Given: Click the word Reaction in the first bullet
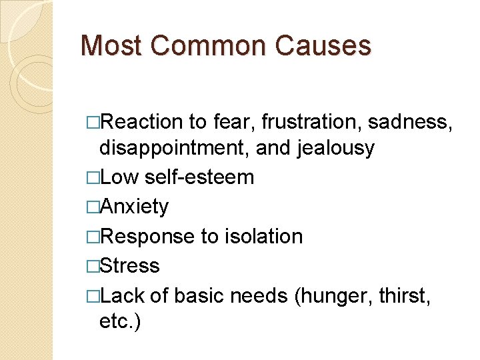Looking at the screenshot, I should coord(143,122).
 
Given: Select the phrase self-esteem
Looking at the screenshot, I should coord(199,177).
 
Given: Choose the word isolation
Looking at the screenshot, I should coord(264,236).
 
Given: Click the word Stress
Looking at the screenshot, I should coord(130,265).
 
